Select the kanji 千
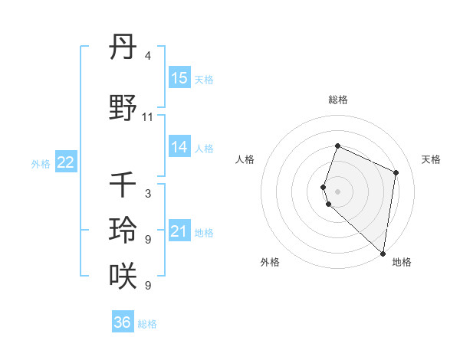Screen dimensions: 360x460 pyautogui.click(x=123, y=185)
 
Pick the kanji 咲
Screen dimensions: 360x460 pyautogui.click(x=123, y=275)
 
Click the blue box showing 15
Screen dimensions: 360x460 pyautogui.click(x=179, y=78)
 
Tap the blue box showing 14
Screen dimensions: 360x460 pyautogui.click(x=179, y=147)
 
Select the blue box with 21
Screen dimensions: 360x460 pyautogui.click(x=179, y=231)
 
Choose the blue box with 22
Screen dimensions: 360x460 pyautogui.click(x=66, y=162)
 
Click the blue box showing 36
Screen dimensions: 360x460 pyautogui.click(x=123, y=322)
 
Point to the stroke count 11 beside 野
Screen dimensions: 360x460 pyautogui.click(x=148, y=117)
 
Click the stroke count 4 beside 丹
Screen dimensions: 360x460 pyautogui.click(x=148, y=56)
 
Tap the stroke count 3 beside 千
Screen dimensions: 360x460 pyautogui.click(x=148, y=193)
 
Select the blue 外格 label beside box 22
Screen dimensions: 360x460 pyautogui.click(x=41, y=163)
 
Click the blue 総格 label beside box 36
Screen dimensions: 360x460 pyautogui.click(x=147, y=323)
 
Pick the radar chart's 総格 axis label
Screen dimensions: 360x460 pyautogui.click(x=337, y=100)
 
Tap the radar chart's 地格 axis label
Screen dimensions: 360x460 pyautogui.click(x=402, y=262)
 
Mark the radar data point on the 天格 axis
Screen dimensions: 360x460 pyautogui.click(x=396, y=172)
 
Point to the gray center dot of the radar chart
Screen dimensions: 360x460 pyautogui.click(x=337, y=191)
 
